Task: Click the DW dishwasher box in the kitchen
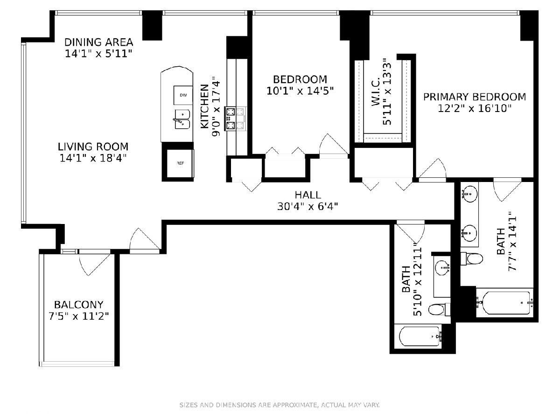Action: coord(183,95)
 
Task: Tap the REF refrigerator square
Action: coord(180,163)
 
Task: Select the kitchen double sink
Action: coord(182,119)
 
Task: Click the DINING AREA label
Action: coord(99,42)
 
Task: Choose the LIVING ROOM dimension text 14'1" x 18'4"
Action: coord(93,158)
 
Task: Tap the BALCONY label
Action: coord(78,304)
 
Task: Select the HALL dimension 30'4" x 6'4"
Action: coord(308,206)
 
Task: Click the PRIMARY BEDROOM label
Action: coord(475,97)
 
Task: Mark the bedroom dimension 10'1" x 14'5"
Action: coord(300,91)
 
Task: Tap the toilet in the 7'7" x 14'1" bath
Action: coord(471,259)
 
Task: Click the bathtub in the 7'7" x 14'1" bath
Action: coord(504,303)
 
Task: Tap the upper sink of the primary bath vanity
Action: coord(469,194)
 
